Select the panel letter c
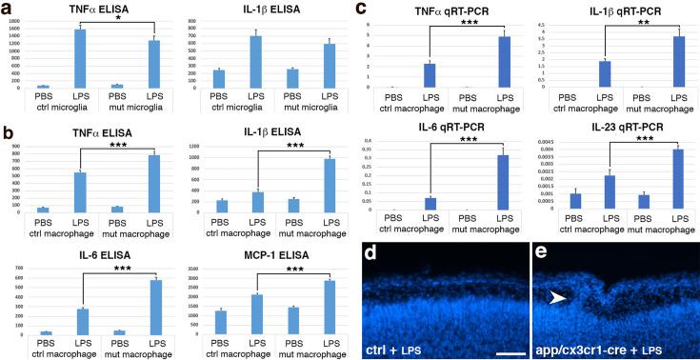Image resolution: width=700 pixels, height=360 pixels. pyautogui.click(x=363, y=9)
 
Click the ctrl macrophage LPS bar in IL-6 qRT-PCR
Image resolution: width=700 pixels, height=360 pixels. pyautogui.click(x=430, y=203)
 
